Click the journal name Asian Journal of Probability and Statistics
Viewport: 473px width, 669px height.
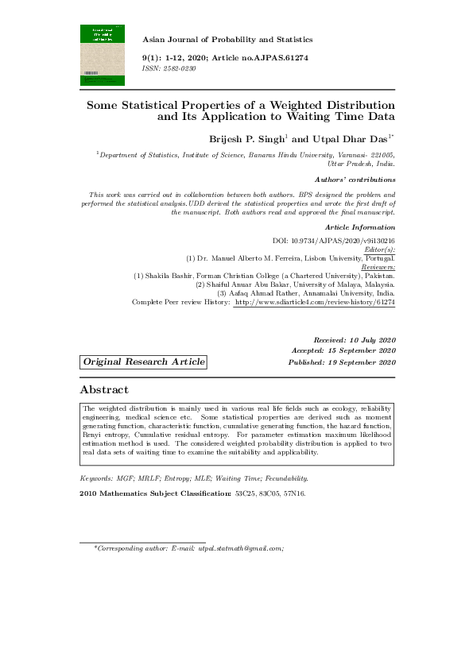point(227,39)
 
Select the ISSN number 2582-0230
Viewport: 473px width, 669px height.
point(178,69)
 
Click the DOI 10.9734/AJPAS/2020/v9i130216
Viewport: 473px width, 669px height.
point(345,240)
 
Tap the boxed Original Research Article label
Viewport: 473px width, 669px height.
point(143,362)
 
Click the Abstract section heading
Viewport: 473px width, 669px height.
point(104,389)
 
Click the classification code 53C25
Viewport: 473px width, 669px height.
point(244,494)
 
